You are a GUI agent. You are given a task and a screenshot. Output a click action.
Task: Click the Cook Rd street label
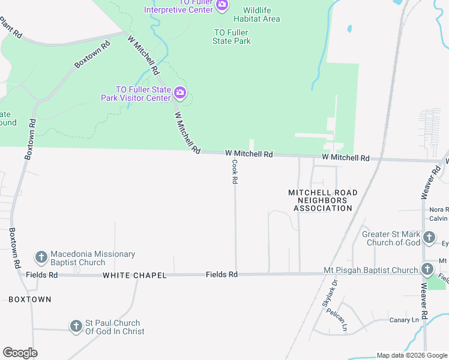point(235,172)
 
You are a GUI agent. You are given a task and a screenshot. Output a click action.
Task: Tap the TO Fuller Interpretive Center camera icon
point(222,5)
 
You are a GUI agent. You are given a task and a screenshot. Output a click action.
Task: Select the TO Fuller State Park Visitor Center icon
point(180,93)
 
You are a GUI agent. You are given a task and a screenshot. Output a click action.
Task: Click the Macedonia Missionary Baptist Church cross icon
point(41,258)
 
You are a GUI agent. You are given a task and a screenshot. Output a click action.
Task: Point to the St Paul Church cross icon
point(76,326)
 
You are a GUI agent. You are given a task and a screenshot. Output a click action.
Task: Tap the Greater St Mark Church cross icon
point(429,238)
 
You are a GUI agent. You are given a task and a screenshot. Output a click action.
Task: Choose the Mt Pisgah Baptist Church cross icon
point(427,269)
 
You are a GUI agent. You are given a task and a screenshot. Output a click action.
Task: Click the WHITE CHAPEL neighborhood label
point(134,275)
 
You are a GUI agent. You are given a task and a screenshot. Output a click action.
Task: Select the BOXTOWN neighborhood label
point(30,299)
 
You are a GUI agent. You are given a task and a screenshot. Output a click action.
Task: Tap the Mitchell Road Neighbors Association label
point(322,200)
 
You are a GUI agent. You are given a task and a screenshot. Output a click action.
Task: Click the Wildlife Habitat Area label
point(261,14)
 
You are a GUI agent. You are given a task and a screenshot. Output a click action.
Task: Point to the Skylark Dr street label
point(330,293)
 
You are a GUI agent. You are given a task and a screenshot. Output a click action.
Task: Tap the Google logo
point(20,353)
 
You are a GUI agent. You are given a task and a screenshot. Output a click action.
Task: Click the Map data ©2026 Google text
point(411,355)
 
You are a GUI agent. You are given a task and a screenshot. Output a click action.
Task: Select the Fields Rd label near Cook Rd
point(221,274)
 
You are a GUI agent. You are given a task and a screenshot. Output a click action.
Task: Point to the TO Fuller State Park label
point(232,37)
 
